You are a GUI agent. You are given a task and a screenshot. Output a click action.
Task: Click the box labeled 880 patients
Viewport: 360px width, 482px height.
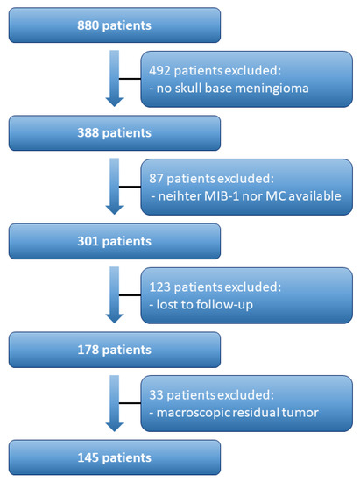click(x=114, y=25)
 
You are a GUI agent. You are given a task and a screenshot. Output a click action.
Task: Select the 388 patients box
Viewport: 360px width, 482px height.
click(x=114, y=134)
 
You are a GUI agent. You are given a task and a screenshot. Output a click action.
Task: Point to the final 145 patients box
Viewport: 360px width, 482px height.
click(x=114, y=457)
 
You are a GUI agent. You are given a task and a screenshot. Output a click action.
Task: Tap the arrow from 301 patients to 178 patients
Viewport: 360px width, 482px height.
click(x=114, y=295)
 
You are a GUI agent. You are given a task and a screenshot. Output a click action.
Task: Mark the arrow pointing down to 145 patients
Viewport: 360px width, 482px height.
click(x=114, y=403)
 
